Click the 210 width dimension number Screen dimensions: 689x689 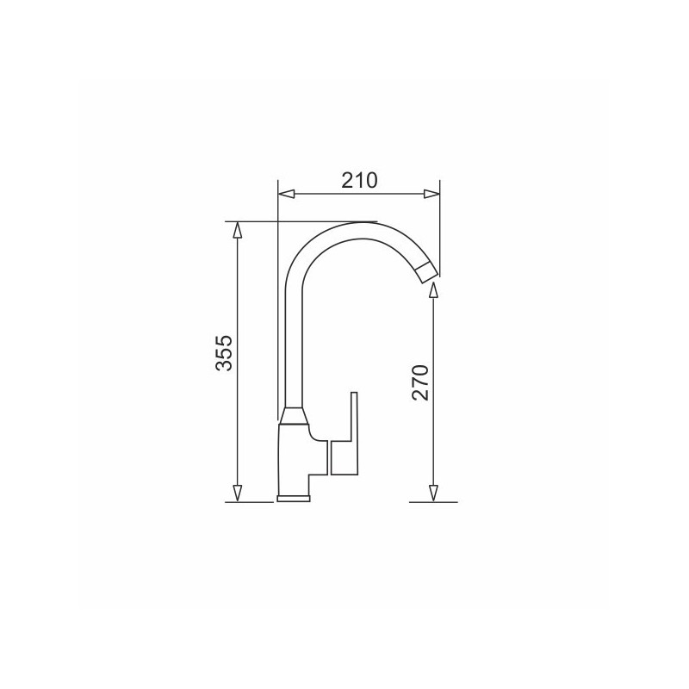(359, 180)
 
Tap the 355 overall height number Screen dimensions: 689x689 (224, 353)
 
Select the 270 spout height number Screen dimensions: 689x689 (420, 382)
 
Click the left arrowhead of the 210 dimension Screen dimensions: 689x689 (287, 195)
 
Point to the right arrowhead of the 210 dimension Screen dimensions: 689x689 (431, 195)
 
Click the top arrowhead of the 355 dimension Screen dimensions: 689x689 (238, 230)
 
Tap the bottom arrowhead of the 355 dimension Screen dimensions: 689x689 (238, 493)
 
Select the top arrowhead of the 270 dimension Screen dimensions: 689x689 (433, 290)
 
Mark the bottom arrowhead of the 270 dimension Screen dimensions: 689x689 (433, 493)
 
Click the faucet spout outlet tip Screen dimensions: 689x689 (426, 273)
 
